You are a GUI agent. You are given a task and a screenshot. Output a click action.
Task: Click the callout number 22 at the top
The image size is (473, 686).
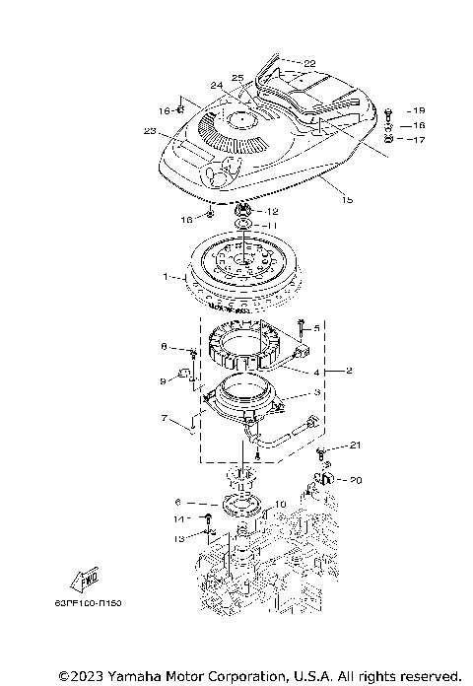click(309, 63)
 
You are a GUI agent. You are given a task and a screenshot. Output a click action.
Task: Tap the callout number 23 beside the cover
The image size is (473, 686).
click(150, 131)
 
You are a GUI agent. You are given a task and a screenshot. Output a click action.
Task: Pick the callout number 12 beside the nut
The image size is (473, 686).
click(272, 212)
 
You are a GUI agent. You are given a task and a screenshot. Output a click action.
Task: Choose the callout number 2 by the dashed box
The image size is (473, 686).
click(348, 371)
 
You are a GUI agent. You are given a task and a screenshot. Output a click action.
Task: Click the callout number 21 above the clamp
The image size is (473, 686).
click(356, 445)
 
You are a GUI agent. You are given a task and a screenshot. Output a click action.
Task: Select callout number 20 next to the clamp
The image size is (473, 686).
click(357, 481)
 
